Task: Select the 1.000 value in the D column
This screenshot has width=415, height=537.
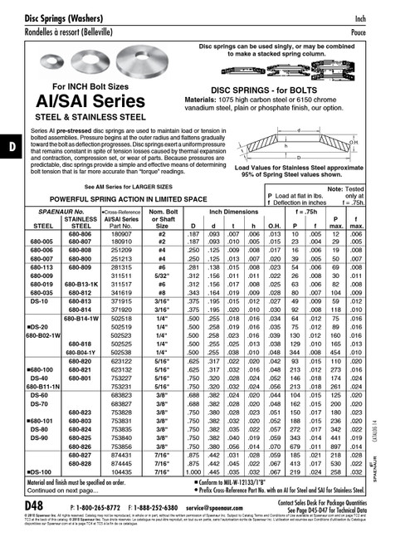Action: [x=193, y=471]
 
